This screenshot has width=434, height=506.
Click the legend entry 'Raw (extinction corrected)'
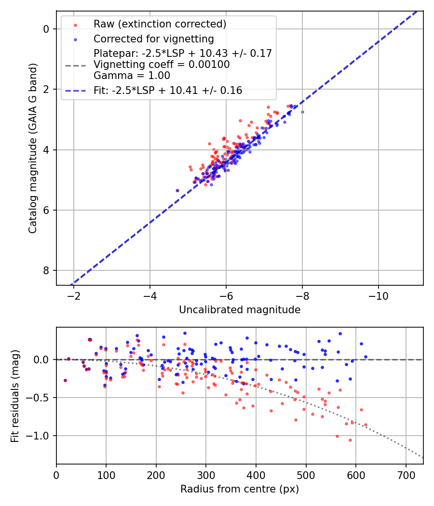click(x=160, y=24)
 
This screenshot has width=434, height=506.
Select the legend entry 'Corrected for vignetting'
click(x=153, y=39)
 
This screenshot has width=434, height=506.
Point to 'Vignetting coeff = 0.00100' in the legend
click(x=162, y=65)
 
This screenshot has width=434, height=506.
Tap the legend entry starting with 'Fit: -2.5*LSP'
click(x=167, y=90)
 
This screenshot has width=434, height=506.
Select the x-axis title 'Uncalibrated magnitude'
click(x=240, y=310)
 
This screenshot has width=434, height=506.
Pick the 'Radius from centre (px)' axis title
click(x=240, y=489)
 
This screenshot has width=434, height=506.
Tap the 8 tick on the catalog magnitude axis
click(x=46, y=270)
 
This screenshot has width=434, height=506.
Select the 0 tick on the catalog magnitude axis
click(x=46, y=29)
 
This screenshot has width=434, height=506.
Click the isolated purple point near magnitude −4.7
click(x=177, y=190)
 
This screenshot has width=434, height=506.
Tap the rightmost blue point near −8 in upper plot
click(x=302, y=112)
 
